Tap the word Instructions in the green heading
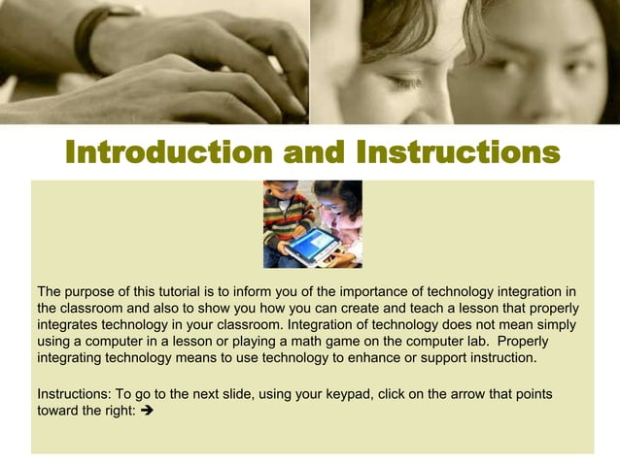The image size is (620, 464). pyautogui.click(x=458, y=153)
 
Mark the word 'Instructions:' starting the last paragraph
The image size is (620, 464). pyautogui.click(x=74, y=393)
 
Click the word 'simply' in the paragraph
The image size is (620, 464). pyautogui.click(x=554, y=324)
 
